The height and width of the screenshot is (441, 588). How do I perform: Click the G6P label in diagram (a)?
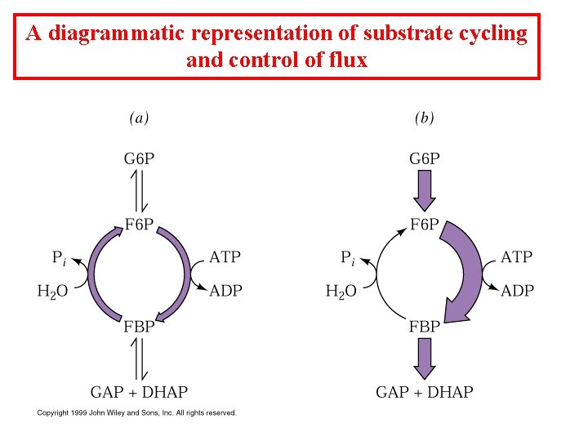pyautogui.click(x=139, y=158)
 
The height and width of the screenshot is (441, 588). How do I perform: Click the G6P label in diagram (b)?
pyautogui.click(x=424, y=158)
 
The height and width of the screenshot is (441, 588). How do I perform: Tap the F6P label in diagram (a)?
pyautogui.click(x=139, y=225)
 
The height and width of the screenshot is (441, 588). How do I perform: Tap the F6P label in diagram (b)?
pyautogui.click(x=424, y=225)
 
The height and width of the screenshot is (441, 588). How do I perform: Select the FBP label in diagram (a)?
pyautogui.click(x=139, y=327)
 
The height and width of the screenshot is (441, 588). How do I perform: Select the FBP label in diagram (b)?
pyautogui.click(x=424, y=327)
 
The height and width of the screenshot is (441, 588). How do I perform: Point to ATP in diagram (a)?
pyautogui.click(x=225, y=257)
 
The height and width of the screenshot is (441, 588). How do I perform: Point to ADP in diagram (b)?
pyautogui.click(x=516, y=291)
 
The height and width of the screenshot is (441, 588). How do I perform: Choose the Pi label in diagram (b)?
pyautogui.click(x=348, y=258)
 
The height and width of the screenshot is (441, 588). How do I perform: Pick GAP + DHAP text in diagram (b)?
pyautogui.click(x=424, y=392)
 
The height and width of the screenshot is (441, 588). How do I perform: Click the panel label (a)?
pyautogui.click(x=139, y=118)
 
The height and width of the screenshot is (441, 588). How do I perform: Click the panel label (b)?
pyautogui.click(x=424, y=118)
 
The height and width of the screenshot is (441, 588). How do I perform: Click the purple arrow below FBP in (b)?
pyautogui.click(x=424, y=358)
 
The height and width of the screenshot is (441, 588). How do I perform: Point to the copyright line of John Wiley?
pyautogui.click(x=136, y=412)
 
